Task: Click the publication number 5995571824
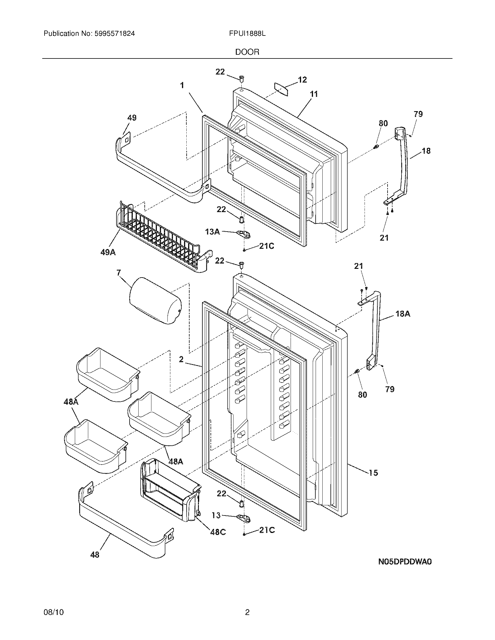click(115, 34)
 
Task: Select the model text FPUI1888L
click(247, 34)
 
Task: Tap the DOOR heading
click(247, 52)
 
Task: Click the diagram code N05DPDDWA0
click(405, 561)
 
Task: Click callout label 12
click(302, 80)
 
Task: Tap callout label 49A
click(108, 252)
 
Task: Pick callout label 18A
click(403, 314)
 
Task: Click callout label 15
click(373, 473)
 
